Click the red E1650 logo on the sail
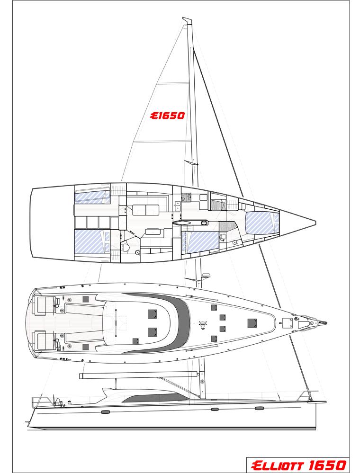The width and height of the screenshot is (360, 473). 167,116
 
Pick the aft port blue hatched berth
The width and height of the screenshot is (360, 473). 90,241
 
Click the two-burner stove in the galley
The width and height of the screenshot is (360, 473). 185,197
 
